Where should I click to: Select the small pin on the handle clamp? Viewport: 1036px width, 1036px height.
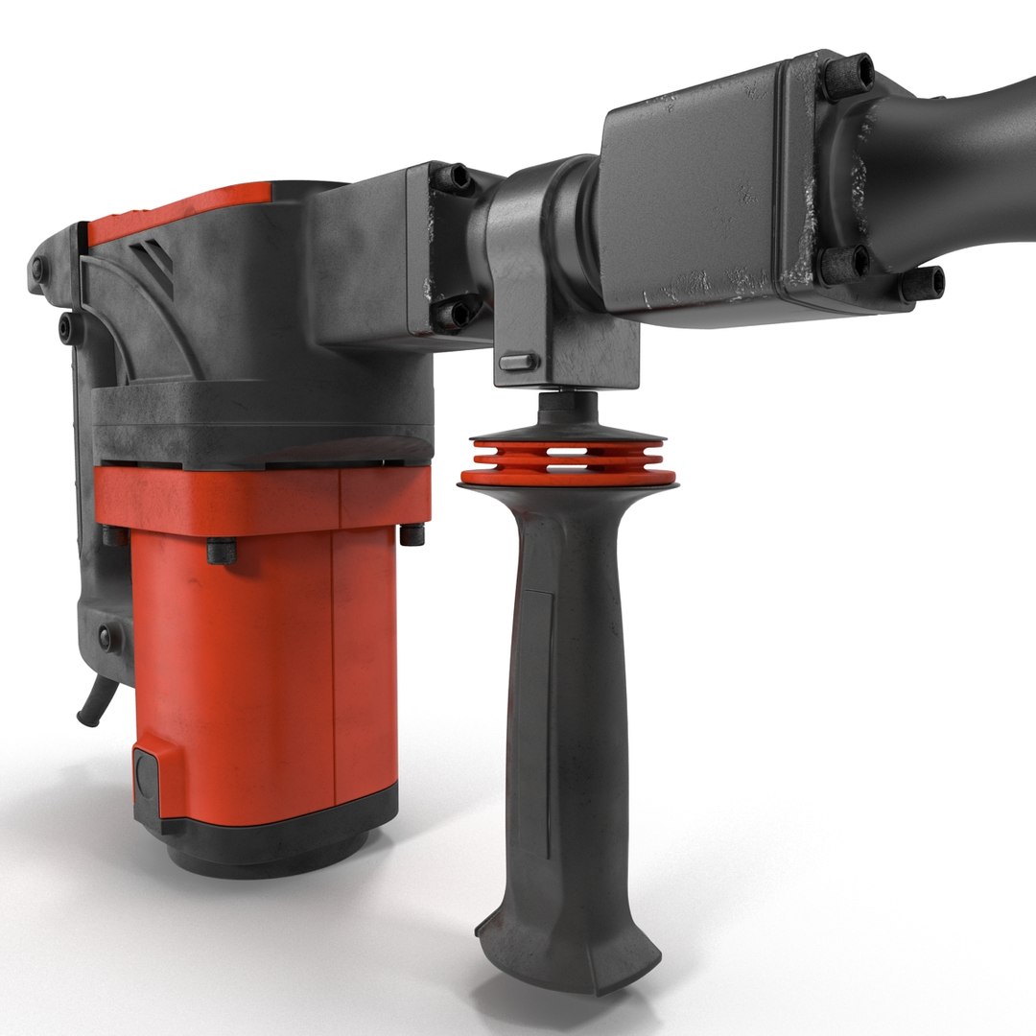519,362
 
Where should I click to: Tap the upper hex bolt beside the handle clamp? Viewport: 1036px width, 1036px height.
452,177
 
